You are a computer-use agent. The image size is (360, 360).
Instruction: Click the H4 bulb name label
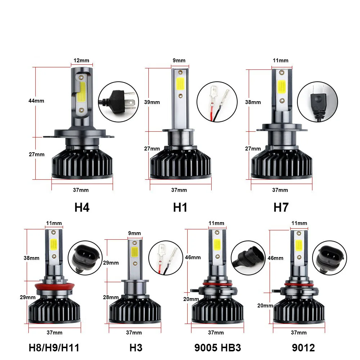(x=82, y=207)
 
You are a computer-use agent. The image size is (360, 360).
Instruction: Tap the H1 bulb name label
(x=180, y=207)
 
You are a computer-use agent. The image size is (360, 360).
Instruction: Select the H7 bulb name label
(x=281, y=207)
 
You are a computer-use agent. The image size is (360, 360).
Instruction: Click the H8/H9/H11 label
(x=54, y=348)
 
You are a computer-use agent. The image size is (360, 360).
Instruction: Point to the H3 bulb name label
(x=136, y=348)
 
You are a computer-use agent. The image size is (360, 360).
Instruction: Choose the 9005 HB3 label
(x=218, y=348)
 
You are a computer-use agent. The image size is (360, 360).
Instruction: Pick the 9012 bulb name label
(x=303, y=348)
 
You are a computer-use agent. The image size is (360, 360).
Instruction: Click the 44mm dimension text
(x=36, y=101)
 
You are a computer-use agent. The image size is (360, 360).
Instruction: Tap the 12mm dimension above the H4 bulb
(x=81, y=60)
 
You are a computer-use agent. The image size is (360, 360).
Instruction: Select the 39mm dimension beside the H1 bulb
(x=152, y=102)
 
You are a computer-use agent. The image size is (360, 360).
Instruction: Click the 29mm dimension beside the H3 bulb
(x=111, y=263)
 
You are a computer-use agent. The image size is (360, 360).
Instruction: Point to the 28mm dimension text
(x=111, y=297)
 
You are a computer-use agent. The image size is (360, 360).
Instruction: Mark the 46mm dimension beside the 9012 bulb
(x=275, y=258)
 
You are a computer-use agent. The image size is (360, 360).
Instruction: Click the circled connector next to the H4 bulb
(x=118, y=102)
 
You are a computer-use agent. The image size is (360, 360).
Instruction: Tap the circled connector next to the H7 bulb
(x=318, y=102)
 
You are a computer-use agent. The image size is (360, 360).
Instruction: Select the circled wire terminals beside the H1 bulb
(x=217, y=102)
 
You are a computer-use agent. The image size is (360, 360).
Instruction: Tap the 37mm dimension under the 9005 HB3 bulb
(x=216, y=332)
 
